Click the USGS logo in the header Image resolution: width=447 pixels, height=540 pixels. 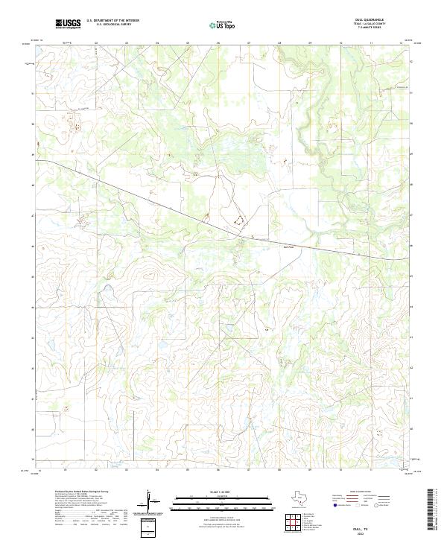68,25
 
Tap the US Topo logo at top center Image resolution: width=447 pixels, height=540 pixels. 224,26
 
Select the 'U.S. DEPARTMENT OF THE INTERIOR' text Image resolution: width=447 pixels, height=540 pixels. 112,22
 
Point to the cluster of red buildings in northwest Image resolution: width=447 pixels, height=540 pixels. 74,119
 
